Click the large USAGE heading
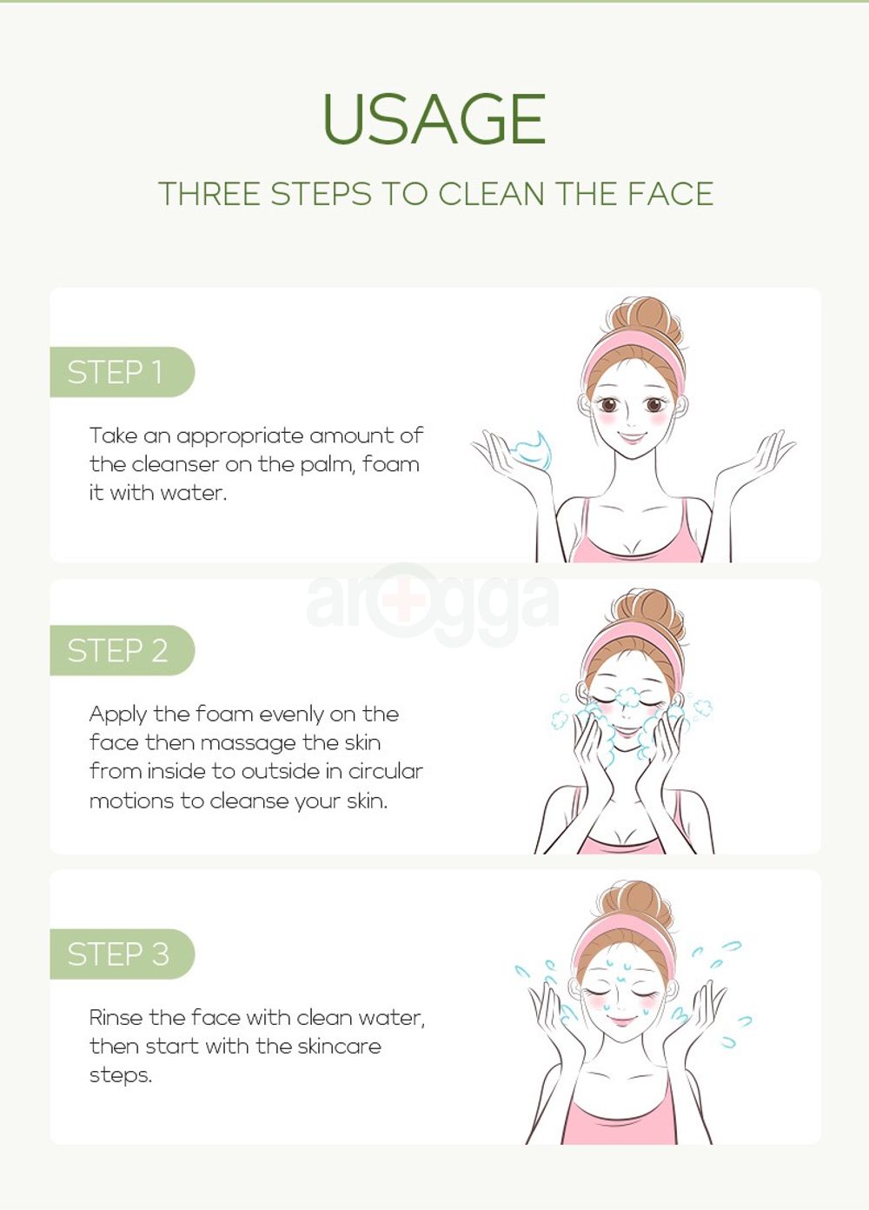434,118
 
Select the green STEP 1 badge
122,372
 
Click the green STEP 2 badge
122,650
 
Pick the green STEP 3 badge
122,954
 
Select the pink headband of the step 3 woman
625,934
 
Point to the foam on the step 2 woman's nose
627,696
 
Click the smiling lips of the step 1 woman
632,435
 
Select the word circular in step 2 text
386,771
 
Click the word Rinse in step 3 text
116,1018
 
